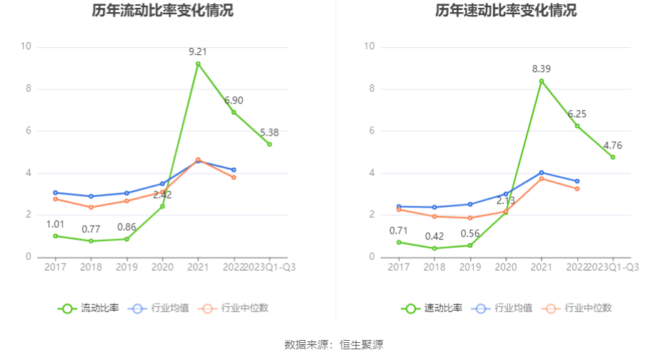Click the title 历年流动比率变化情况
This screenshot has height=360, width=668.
point(162,11)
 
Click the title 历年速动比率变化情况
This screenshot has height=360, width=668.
point(506,11)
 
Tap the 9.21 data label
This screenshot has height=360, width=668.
point(198,51)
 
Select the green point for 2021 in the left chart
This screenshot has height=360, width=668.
point(198,64)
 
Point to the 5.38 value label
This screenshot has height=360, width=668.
point(269,132)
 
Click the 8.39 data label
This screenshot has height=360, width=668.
point(542,69)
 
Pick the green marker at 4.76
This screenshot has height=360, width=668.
point(613,157)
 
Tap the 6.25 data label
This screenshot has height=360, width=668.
point(577,114)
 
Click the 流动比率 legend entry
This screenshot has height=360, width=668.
point(89,309)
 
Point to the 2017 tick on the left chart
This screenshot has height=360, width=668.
point(55,267)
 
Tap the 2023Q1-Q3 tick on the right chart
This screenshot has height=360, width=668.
point(613,267)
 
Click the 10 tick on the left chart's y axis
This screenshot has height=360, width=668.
point(26,47)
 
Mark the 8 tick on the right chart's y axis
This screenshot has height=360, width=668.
point(370,89)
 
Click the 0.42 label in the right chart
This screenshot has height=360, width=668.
point(434,236)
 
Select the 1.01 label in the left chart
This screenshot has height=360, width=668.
point(55,224)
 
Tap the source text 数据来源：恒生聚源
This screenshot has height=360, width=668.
point(334,345)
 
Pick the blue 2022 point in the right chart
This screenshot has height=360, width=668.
point(577,181)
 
